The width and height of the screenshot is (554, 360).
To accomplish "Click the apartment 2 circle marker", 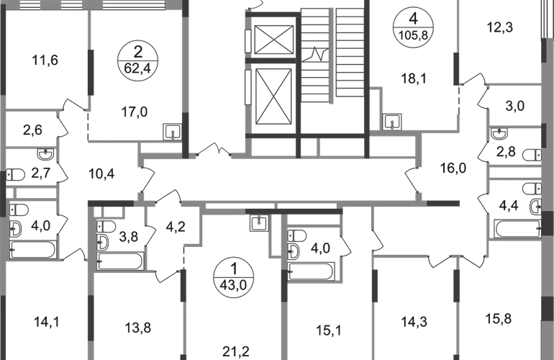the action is [x=137, y=60].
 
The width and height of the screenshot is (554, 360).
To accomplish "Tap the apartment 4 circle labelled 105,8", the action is [x=413, y=27].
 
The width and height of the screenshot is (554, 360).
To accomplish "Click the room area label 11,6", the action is [x=45, y=60].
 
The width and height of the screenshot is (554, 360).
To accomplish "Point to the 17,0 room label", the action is [x=135, y=112].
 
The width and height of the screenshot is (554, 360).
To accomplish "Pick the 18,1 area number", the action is [x=414, y=78].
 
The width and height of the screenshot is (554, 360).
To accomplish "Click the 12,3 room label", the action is [x=500, y=27].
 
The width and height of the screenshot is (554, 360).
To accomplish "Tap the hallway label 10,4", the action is [x=101, y=174].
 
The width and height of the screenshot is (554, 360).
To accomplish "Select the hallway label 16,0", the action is [x=453, y=168].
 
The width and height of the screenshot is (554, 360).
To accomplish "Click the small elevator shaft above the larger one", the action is [x=274, y=40].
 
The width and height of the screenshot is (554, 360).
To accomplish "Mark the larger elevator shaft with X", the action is [x=273, y=96].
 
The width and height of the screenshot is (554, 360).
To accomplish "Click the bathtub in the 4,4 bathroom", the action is [x=518, y=229].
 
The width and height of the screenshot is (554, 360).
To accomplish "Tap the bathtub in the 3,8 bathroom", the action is [x=120, y=261].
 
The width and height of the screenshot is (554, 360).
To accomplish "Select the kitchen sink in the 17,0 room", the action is [x=172, y=132].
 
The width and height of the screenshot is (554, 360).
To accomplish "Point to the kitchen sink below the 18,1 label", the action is [x=392, y=122].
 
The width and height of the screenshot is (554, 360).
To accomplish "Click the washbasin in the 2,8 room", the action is [x=499, y=134].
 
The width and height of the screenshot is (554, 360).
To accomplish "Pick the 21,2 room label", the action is [x=236, y=351].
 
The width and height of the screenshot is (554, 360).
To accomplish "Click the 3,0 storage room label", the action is [x=515, y=106].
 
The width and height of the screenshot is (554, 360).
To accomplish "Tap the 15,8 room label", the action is [x=499, y=319].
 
